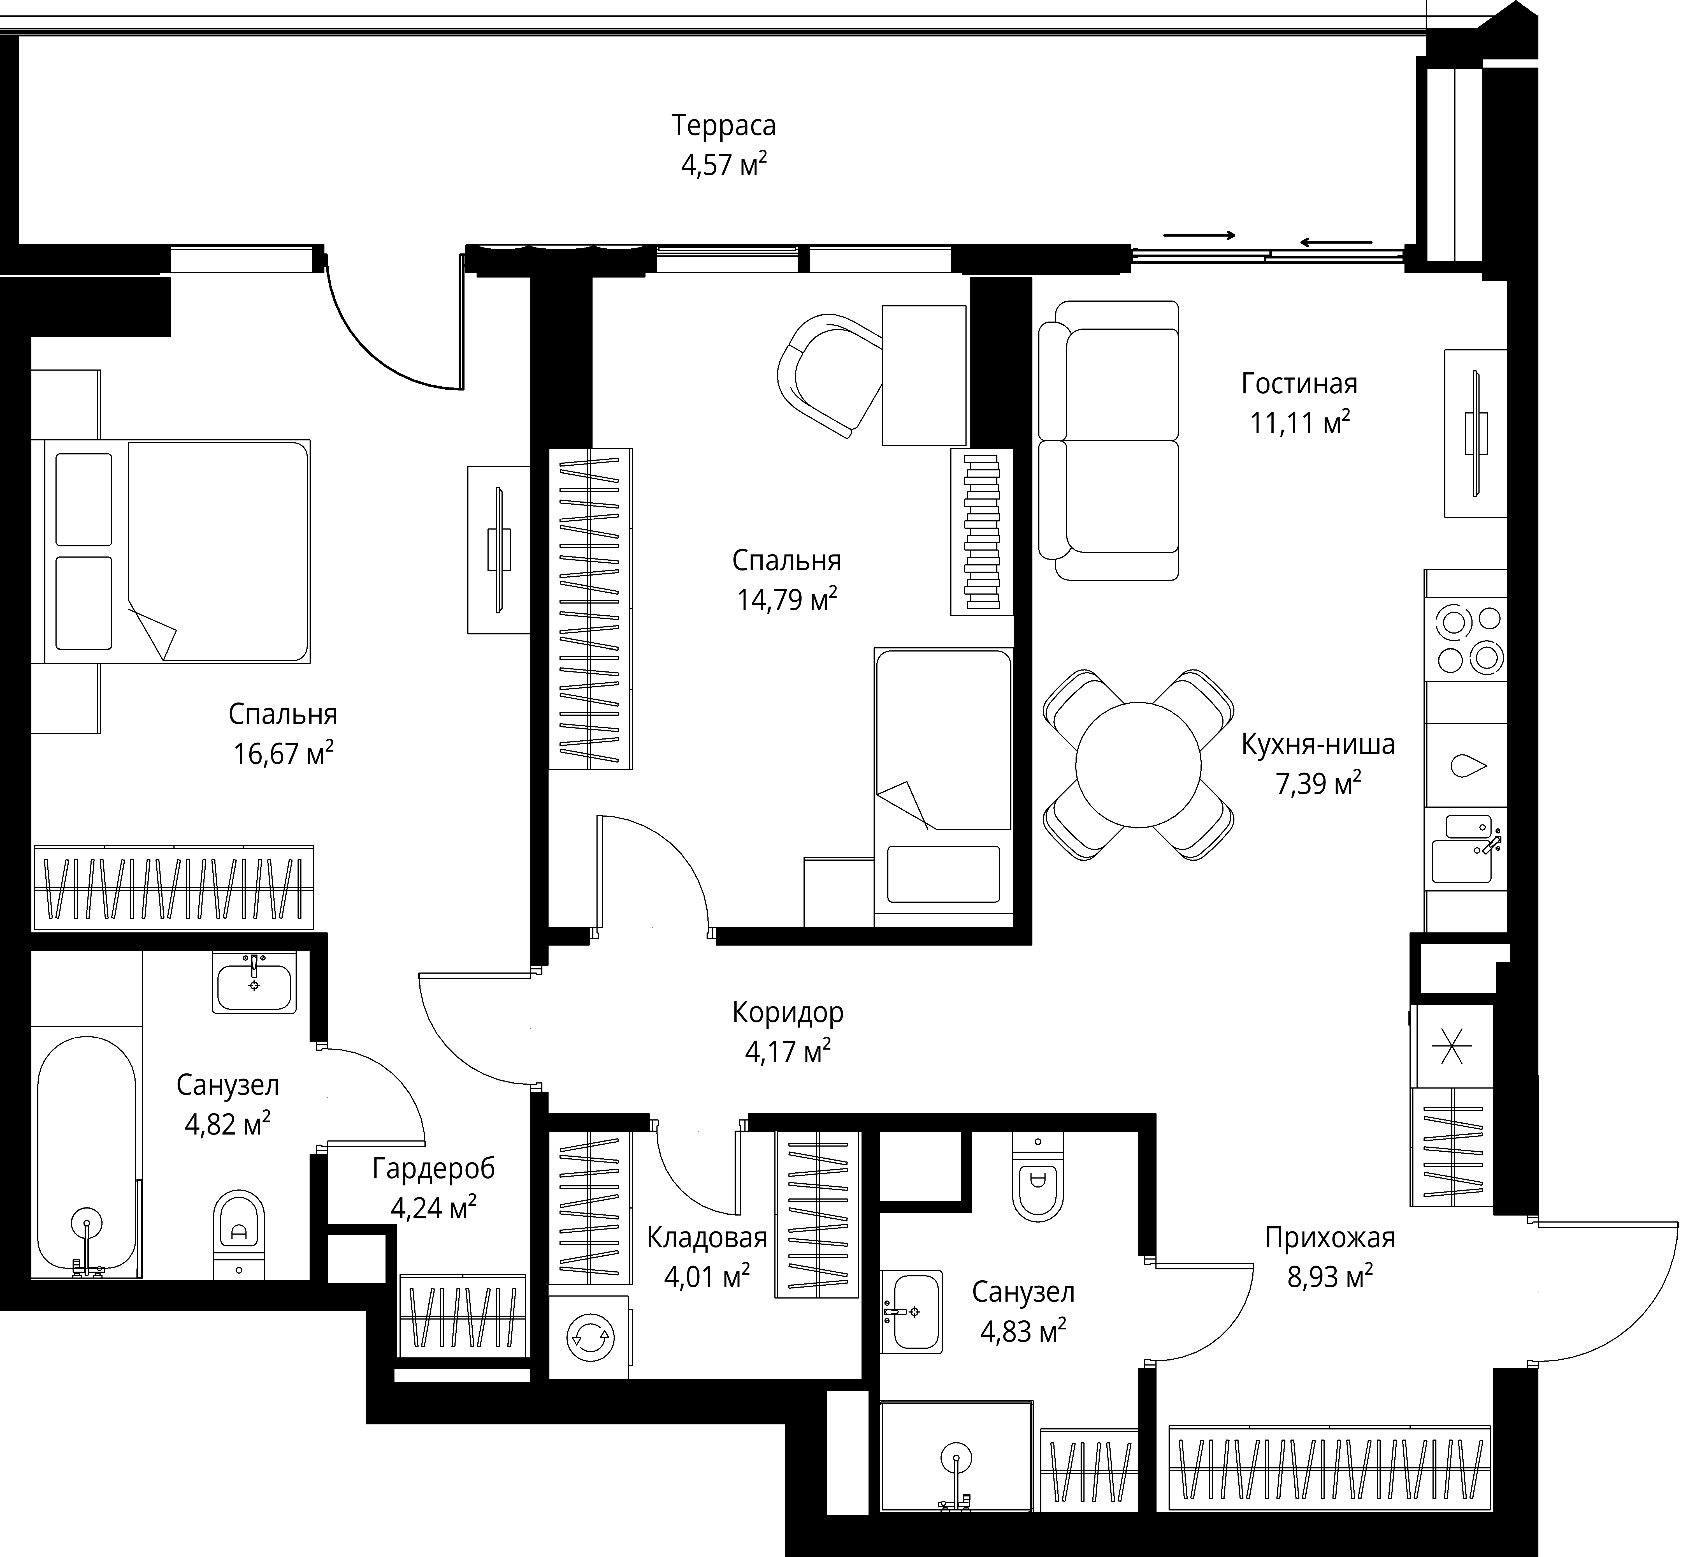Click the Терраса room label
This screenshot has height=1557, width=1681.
(x=723, y=126)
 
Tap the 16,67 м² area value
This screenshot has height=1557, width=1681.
(x=283, y=753)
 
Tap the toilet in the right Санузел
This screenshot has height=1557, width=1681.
(x=1037, y=1175)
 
